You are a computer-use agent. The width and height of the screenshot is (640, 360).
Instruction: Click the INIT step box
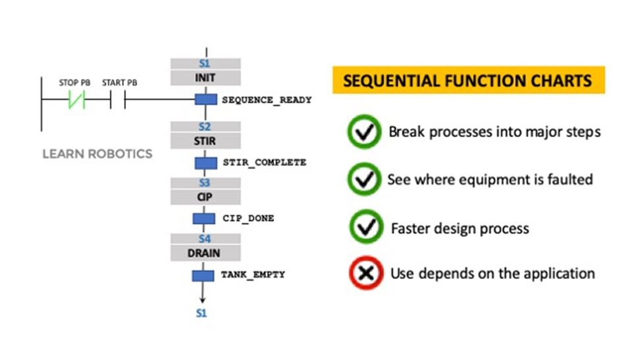pyautogui.click(x=205, y=78)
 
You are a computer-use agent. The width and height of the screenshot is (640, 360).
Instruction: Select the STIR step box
pyautogui.click(x=205, y=141)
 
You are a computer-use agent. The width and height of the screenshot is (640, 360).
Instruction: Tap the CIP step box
pyautogui.click(x=205, y=197)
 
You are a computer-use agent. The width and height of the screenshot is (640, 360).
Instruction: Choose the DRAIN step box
pyautogui.click(x=205, y=253)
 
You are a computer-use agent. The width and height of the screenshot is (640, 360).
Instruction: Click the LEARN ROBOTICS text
pyautogui.click(x=97, y=154)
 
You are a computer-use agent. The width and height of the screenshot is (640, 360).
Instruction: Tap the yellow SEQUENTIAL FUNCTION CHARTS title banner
pyautogui.click(x=468, y=82)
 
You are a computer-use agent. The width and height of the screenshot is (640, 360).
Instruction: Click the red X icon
pyautogui.click(x=365, y=273)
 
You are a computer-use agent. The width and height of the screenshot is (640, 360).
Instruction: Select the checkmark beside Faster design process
pyautogui.click(x=366, y=228)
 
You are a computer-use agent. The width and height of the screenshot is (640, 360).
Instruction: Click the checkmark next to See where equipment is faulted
pyautogui.click(x=365, y=180)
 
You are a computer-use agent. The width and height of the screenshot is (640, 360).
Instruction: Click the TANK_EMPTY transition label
pyautogui.click(x=253, y=274)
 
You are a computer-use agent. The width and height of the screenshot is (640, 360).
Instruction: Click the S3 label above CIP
pyautogui.click(x=205, y=183)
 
